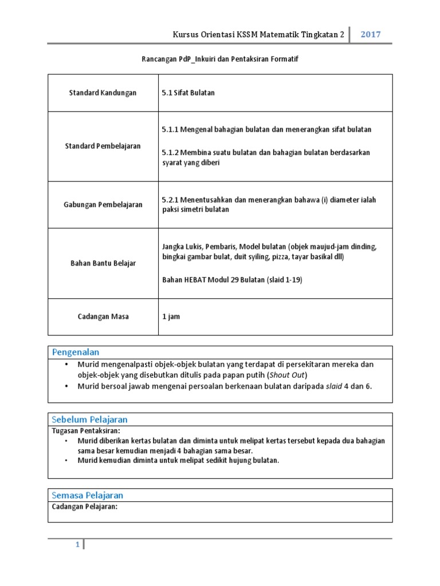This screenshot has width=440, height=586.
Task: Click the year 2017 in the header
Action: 370,34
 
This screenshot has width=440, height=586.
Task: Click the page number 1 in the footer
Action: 77,545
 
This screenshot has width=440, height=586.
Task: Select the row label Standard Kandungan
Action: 103,93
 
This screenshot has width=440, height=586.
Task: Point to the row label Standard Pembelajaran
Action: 103,146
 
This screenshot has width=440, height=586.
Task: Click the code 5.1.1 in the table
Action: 171,129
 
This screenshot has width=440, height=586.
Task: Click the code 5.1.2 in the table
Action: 171,152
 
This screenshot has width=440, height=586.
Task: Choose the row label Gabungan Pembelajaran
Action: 103,205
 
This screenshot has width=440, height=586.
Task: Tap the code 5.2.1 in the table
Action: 171,200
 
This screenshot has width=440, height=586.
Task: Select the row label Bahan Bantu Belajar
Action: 103,263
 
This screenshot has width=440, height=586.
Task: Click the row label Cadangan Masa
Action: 103,316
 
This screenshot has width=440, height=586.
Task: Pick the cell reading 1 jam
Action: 171,316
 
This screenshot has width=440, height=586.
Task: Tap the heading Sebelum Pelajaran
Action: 90,419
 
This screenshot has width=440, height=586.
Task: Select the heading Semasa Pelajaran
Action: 88,495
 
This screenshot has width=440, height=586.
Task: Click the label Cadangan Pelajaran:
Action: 85,506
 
